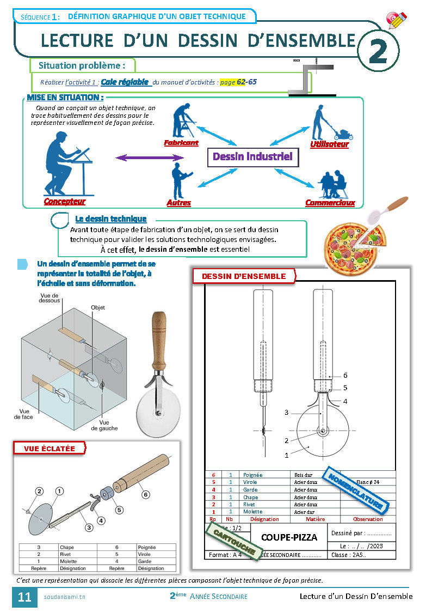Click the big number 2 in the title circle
click(378, 52)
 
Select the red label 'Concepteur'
click(65, 202)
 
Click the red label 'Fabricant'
click(181, 143)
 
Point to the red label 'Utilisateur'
click(329, 144)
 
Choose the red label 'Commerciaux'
click(330, 203)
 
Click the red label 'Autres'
click(178, 203)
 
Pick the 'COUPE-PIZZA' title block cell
click(289, 537)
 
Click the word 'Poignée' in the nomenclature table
click(253, 475)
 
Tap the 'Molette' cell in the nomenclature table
click(252, 512)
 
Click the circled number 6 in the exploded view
click(145, 494)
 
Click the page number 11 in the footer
click(24, 597)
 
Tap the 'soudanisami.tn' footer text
click(64, 597)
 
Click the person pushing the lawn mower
click(321, 123)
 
